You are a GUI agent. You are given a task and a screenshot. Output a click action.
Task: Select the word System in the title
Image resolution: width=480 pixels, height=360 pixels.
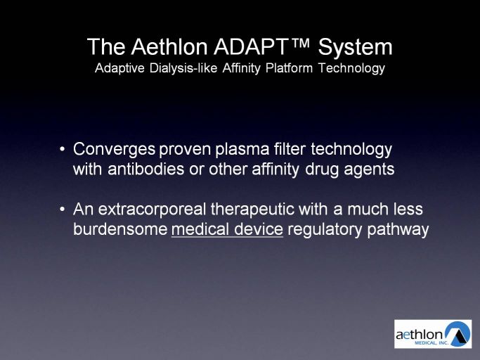click(x=355, y=48)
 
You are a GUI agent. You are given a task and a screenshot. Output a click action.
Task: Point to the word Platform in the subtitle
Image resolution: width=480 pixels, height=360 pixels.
click(x=289, y=67)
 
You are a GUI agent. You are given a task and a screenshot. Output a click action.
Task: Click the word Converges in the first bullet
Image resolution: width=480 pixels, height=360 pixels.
click(x=114, y=150)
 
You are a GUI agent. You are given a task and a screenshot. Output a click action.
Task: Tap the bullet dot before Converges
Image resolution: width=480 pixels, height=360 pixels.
click(x=63, y=150)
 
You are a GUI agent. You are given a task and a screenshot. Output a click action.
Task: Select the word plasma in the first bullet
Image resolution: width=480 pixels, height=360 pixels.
click(x=242, y=150)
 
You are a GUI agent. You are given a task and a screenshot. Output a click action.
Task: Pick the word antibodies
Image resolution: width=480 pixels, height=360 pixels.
click(x=145, y=169)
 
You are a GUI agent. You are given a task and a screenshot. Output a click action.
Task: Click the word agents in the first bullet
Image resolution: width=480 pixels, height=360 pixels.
click(x=369, y=170)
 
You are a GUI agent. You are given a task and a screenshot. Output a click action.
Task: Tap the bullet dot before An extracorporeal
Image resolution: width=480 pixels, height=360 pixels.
click(x=63, y=210)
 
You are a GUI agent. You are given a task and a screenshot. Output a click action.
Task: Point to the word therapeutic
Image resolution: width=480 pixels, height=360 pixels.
click(x=252, y=210)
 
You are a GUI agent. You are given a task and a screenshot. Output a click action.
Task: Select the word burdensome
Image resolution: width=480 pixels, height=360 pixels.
click(x=120, y=229)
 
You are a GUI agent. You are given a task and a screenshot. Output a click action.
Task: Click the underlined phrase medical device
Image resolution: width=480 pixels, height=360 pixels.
click(x=227, y=229)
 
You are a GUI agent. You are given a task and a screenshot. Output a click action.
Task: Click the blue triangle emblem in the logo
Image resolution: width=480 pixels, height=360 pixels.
click(x=458, y=334)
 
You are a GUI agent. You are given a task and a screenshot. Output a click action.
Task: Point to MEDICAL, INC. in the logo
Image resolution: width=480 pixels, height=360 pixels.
click(x=432, y=343)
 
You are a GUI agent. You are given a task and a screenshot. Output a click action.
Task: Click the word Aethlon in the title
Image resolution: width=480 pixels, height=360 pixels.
click(x=169, y=47)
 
